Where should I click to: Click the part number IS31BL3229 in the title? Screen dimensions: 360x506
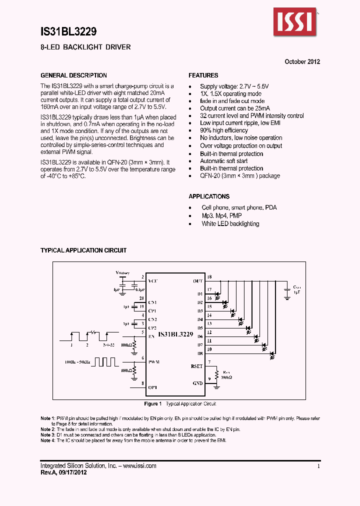pyautogui.click(x=68, y=31)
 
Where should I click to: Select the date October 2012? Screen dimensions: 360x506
pyautogui.click(x=302, y=62)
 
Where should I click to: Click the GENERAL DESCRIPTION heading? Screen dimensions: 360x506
pyautogui.click(x=73, y=75)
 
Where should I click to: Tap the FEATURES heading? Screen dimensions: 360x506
pyautogui.click(x=203, y=75)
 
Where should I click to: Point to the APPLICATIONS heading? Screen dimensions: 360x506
pyautogui.click(x=209, y=196)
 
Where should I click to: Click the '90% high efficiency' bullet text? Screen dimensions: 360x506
pyautogui.click(x=224, y=130)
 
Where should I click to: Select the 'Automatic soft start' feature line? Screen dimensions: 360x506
pyautogui.click(x=223, y=161)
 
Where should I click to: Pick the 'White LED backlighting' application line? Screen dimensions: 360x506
pyautogui.click(x=230, y=224)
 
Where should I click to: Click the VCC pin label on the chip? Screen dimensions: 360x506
pyautogui.click(x=152, y=281)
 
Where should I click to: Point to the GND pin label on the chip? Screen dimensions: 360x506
pyautogui.click(x=197, y=383)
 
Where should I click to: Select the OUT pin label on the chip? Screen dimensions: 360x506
pyautogui.click(x=197, y=281)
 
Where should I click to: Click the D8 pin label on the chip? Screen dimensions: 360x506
pyautogui.click(x=199, y=353)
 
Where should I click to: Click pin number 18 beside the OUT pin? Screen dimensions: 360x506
pyautogui.click(x=209, y=277)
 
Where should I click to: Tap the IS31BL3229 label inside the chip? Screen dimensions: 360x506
pyautogui.click(x=175, y=333)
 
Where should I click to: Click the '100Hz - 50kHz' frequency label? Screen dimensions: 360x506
pyautogui.click(x=76, y=360)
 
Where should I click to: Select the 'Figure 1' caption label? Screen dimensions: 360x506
pyautogui.click(x=152, y=404)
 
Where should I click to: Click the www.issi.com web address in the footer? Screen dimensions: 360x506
pyautogui.click(x=138, y=466)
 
